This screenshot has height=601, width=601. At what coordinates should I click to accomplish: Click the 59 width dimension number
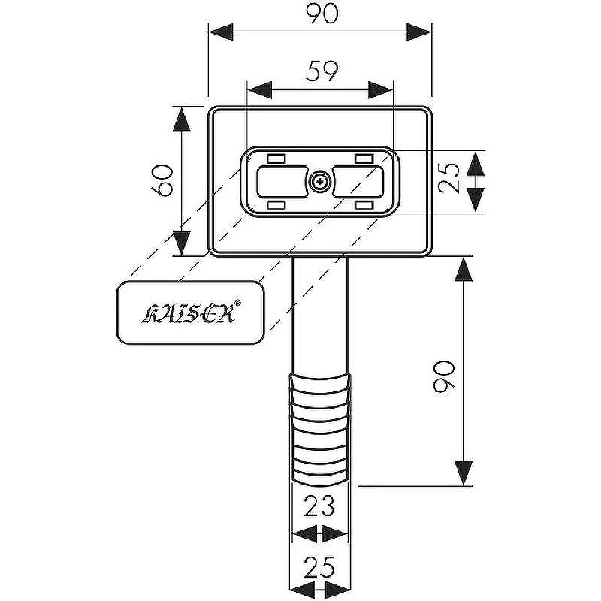pyautogui.click(x=322, y=71)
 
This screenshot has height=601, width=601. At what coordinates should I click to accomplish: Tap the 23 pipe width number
pyautogui.click(x=319, y=506)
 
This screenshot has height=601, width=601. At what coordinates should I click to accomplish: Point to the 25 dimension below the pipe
pyautogui.click(x=319, y=567)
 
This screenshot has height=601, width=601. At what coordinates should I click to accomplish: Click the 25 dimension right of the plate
pyautogui.click(x=448, y=178)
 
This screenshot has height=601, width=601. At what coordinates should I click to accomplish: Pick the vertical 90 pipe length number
pyautogui.click(x=444, y=376)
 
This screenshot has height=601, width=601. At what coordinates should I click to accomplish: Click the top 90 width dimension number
pyautogui.click(x=322, y=13)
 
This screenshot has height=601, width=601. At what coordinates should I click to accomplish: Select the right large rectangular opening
pyautogui.click(x=358, y=182)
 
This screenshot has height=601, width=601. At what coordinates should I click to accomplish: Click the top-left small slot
pyautogui.click(x=276, y=159)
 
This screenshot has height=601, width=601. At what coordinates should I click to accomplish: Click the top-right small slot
pyautogui.click(x=364, y=159)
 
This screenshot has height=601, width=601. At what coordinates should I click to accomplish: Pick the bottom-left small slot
pyautogui.click(x=276, y=205)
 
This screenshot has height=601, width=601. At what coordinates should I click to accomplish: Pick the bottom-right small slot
pyautogui.click(x=364, y=205)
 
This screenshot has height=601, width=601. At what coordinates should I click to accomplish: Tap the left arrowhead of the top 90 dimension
pyautogui.click(x=221, y=32)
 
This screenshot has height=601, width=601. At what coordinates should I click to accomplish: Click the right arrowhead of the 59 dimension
pyautogui.click(x=381, y=90)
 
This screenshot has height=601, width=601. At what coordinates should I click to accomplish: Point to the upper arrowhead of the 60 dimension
pyautogui.click(x=182, y=119)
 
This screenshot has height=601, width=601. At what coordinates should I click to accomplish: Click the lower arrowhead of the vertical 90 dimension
pyautogui.click(x=464, y=473)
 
